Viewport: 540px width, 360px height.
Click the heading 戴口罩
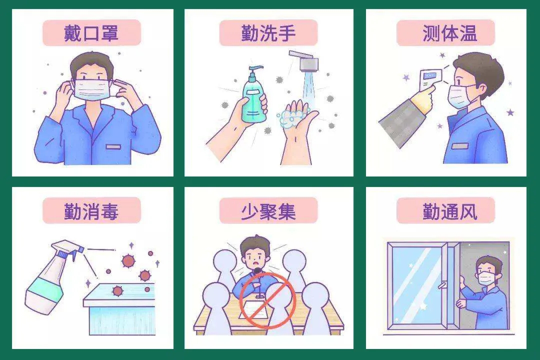pos(91,33)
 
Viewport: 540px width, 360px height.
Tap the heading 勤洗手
pos(268,33)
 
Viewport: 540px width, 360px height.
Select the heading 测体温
pos(450,33)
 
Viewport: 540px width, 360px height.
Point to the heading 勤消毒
pos(91,211)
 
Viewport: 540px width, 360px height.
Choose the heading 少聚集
pos(268,211)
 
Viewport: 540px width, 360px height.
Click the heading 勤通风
pos(450,211)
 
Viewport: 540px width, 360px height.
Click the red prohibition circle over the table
pos(267,299)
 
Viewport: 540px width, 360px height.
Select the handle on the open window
pos(443,285)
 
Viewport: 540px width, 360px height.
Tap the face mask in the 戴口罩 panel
pos(92,89)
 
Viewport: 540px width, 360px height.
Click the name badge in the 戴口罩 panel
pos(113,147)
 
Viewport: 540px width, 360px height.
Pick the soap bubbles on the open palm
pos(289,118)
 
